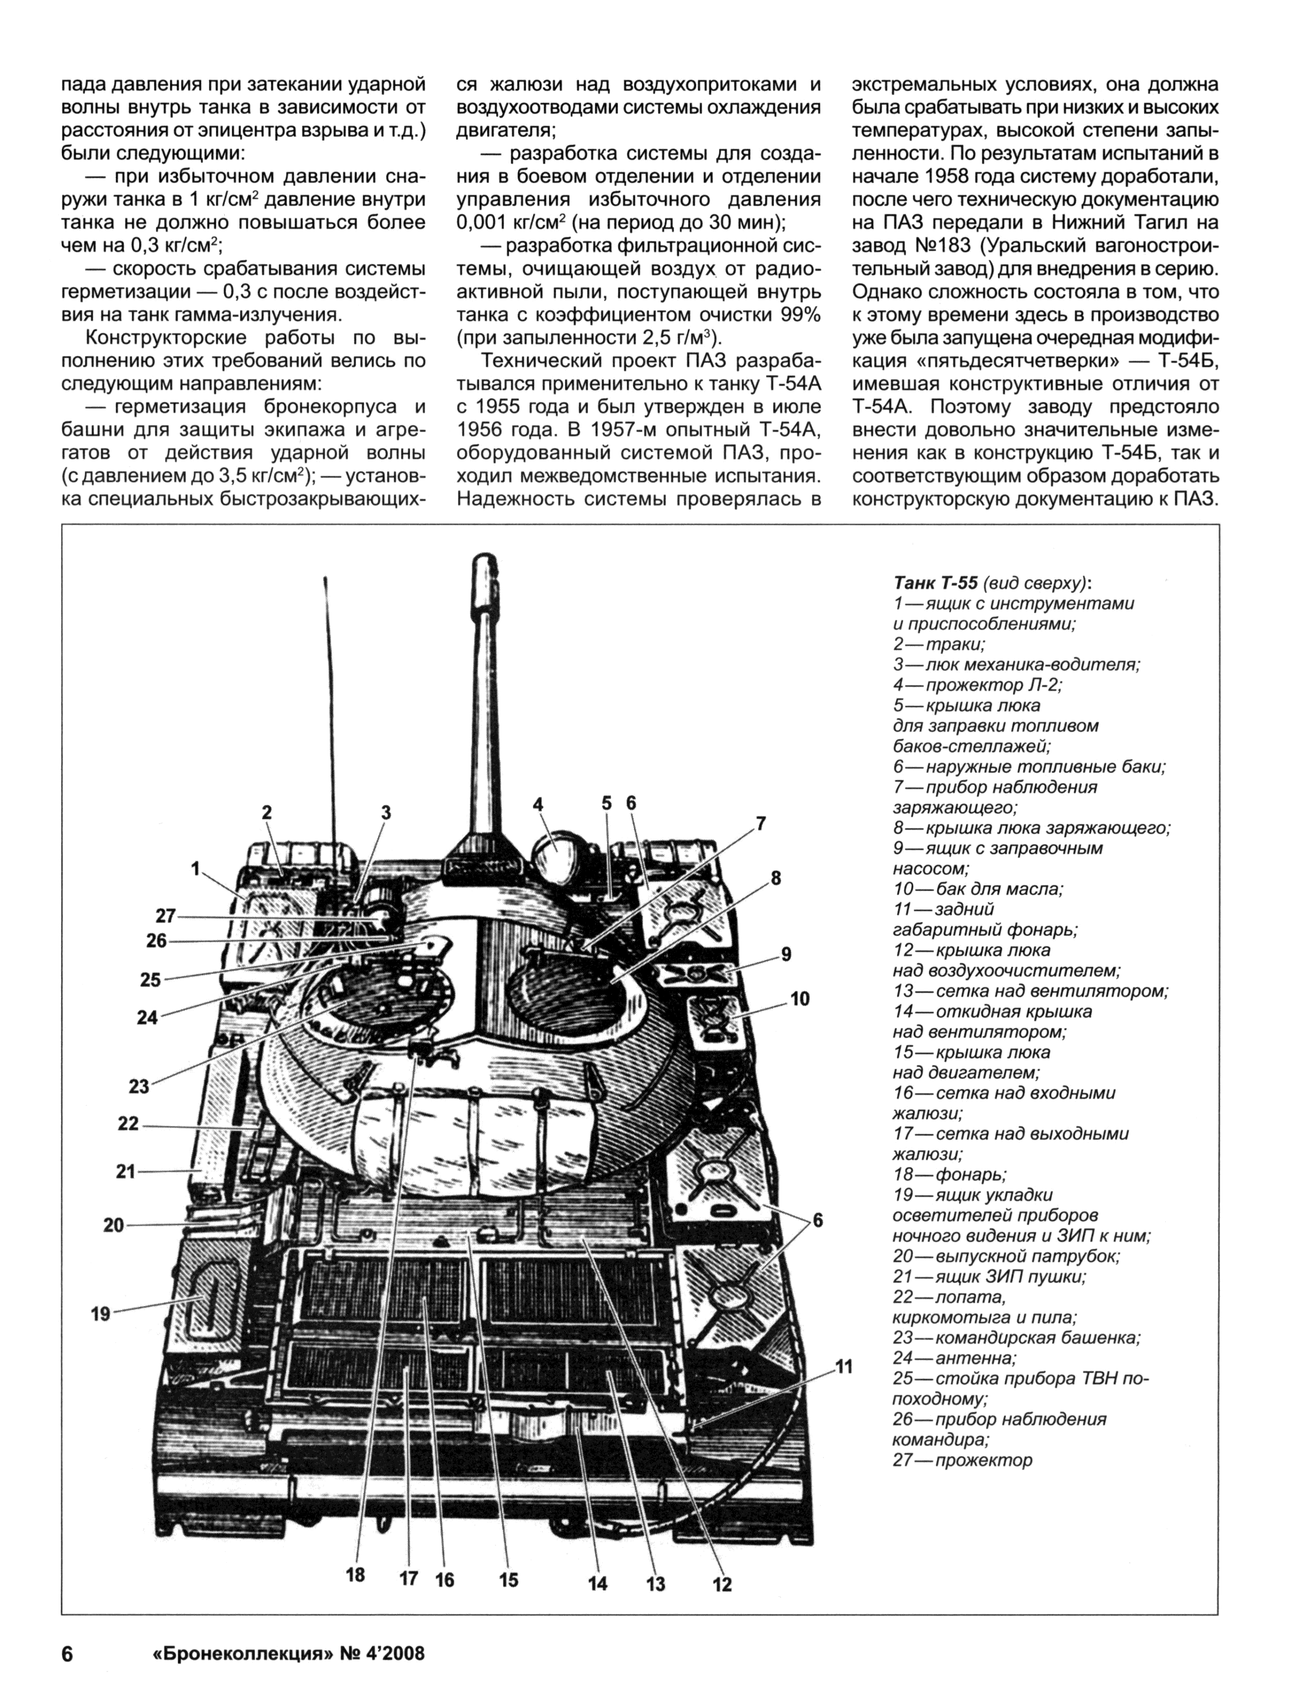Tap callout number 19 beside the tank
pos(101,1314)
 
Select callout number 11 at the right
pos(845,1367)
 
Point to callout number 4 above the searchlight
pos(538,804)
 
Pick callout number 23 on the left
pos(138,1087)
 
